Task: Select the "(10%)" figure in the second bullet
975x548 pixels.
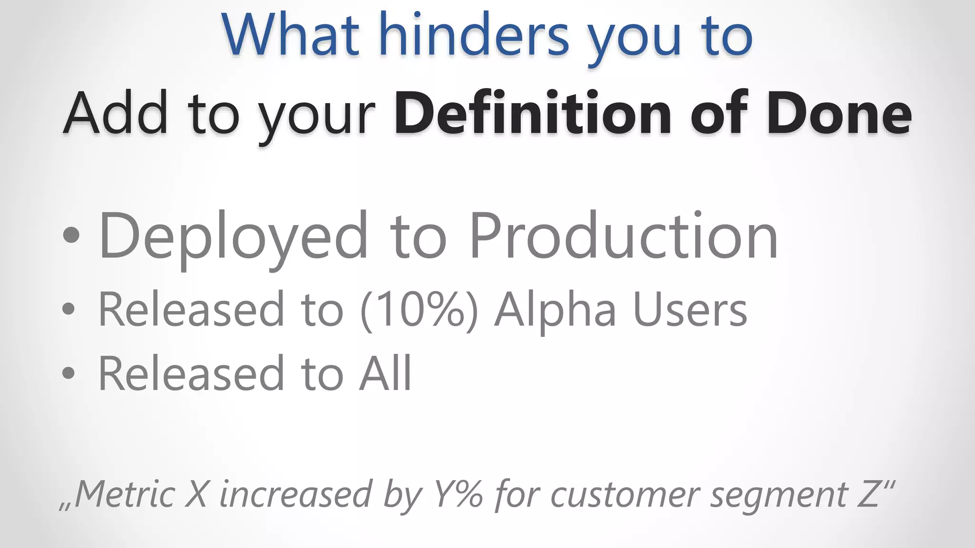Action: (419, 310)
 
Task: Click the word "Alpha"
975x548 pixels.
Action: (555, 310)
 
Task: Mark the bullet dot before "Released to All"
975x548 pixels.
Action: (69, 373)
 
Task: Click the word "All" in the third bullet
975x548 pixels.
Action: (386, 373)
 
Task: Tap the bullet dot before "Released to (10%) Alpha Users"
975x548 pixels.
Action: (69, 310)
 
